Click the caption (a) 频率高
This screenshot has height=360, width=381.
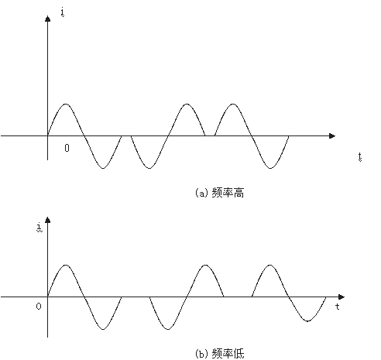coord(219,193)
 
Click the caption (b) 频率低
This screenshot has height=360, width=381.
coord(219,354)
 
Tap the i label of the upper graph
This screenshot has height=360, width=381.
coord(63,12)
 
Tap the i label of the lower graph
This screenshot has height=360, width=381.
coord(39,228)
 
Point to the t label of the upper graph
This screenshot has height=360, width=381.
coord(360,157)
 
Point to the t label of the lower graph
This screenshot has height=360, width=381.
coord(338,307)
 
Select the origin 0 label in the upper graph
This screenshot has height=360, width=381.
coord(67,148)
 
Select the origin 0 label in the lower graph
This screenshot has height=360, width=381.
coord(39,307)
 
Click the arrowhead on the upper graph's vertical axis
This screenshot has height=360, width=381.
coord(47,19)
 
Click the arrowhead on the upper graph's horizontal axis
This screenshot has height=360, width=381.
coord(332,135)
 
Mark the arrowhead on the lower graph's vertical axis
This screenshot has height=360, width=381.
coord(47,220)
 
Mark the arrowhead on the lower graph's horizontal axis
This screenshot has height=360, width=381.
coord(342,297)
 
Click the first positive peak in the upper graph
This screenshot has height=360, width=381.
coord(66,105)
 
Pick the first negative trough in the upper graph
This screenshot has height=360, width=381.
coord(103,168)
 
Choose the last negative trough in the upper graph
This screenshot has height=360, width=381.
coord(270,168)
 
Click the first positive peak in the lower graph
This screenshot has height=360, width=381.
coord(66,265)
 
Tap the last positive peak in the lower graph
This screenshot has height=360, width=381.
coord(269,265)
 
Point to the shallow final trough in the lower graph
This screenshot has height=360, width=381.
coord(307,321)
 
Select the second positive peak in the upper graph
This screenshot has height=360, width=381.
coord(187,105)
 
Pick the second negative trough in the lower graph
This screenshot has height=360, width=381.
coord(168,329)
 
